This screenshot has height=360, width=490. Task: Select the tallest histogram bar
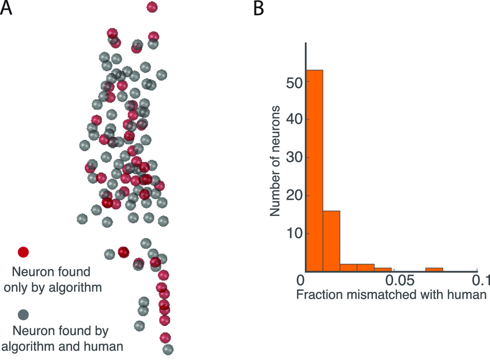[x=314, y=170]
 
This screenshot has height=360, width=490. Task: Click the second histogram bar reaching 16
[x=331, y=241]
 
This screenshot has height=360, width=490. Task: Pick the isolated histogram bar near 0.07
[x=434, y=270]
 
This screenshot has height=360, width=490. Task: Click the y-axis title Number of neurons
[x=276, y=161]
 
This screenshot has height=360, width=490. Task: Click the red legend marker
[x=24, y=252]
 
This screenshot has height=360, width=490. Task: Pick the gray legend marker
[x=24, y=314]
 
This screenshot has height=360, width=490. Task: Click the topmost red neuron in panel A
[x=152, y=7]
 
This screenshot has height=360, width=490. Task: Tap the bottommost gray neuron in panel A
[x=168, y=349]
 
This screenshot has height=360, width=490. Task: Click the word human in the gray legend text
[x=107, y=347]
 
